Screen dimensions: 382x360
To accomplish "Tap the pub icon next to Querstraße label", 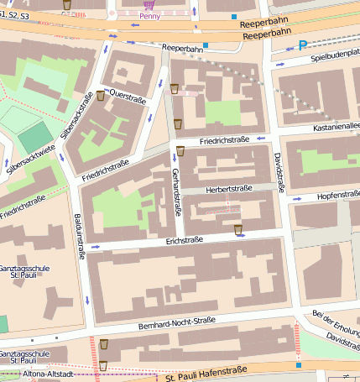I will [x=101, y=96].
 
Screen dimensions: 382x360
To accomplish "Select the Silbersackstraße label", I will [x=76, y=117].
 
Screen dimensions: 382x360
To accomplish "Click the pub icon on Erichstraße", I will [x=239, y=229].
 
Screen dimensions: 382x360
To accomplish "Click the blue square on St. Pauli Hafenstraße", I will [x=298, y=364].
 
